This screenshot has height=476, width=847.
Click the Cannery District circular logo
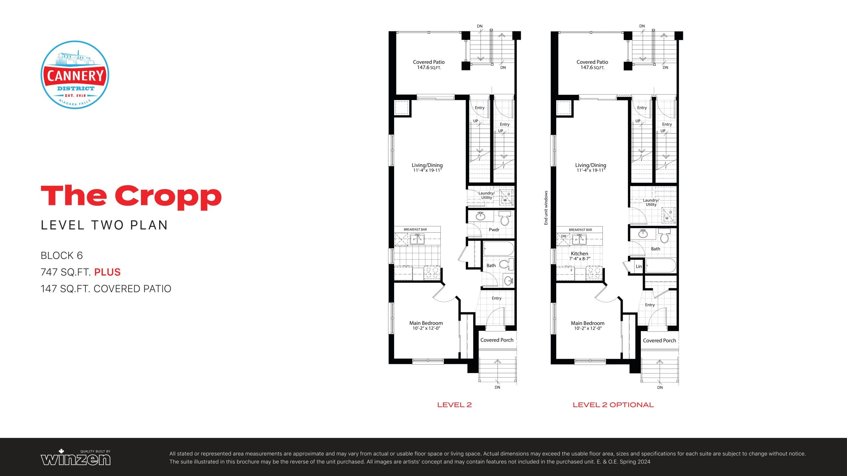click(75, 75)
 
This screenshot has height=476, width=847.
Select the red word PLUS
click(107, 272)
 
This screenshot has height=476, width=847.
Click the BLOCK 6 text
click(62, 256)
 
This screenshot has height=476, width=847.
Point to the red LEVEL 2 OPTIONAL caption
click(613, 405)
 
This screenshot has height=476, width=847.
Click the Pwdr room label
click(494, 229)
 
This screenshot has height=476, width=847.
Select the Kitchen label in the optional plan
click(579, 254)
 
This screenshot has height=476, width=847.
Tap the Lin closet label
click(639, 266)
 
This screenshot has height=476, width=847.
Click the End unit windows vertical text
click(546, 208)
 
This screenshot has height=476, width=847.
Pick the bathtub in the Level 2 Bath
click(498, 249)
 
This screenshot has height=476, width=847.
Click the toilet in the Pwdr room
click(505, 219)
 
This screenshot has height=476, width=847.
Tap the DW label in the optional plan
click(563, 236)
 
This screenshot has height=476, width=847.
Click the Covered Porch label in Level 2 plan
click(497, 340)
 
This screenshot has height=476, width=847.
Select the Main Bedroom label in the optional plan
click(587, 323)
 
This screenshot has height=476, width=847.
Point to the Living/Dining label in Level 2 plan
click(427, 165)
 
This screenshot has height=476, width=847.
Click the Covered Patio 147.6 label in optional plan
click(592, 64)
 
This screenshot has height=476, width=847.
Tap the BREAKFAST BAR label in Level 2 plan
click(415, 229)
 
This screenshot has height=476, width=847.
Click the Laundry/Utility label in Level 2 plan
click(486, 195)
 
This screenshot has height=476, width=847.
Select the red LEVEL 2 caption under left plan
click(454, 405)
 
